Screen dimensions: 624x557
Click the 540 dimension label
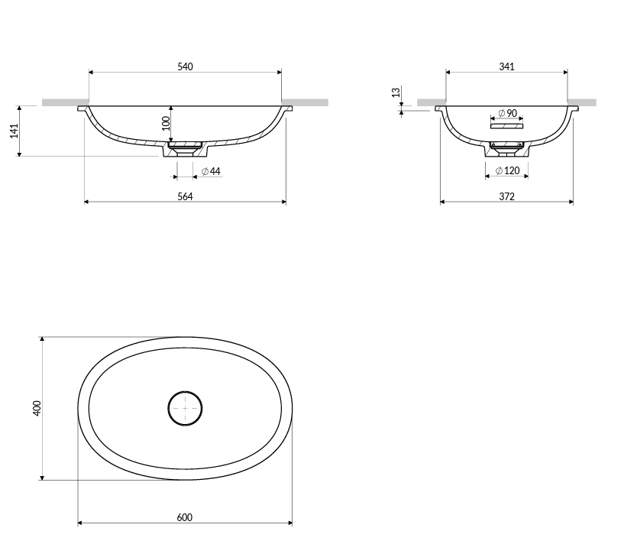click(x=185, y=66)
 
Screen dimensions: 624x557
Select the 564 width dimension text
click(x=185, y=196)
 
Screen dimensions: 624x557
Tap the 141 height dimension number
click(x=15, y=131)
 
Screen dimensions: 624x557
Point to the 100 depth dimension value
click(x=166, y=124)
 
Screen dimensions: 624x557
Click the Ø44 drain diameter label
click(x=211, y=171)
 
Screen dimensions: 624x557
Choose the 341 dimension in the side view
click(x=506, y=66)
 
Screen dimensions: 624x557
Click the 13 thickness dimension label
click(x=396, y=92)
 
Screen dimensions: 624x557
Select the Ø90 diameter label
click(x=508, y=114)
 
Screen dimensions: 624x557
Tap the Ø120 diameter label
click(x=507, y=171)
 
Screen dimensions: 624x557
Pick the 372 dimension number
click(x=506, y=196)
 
